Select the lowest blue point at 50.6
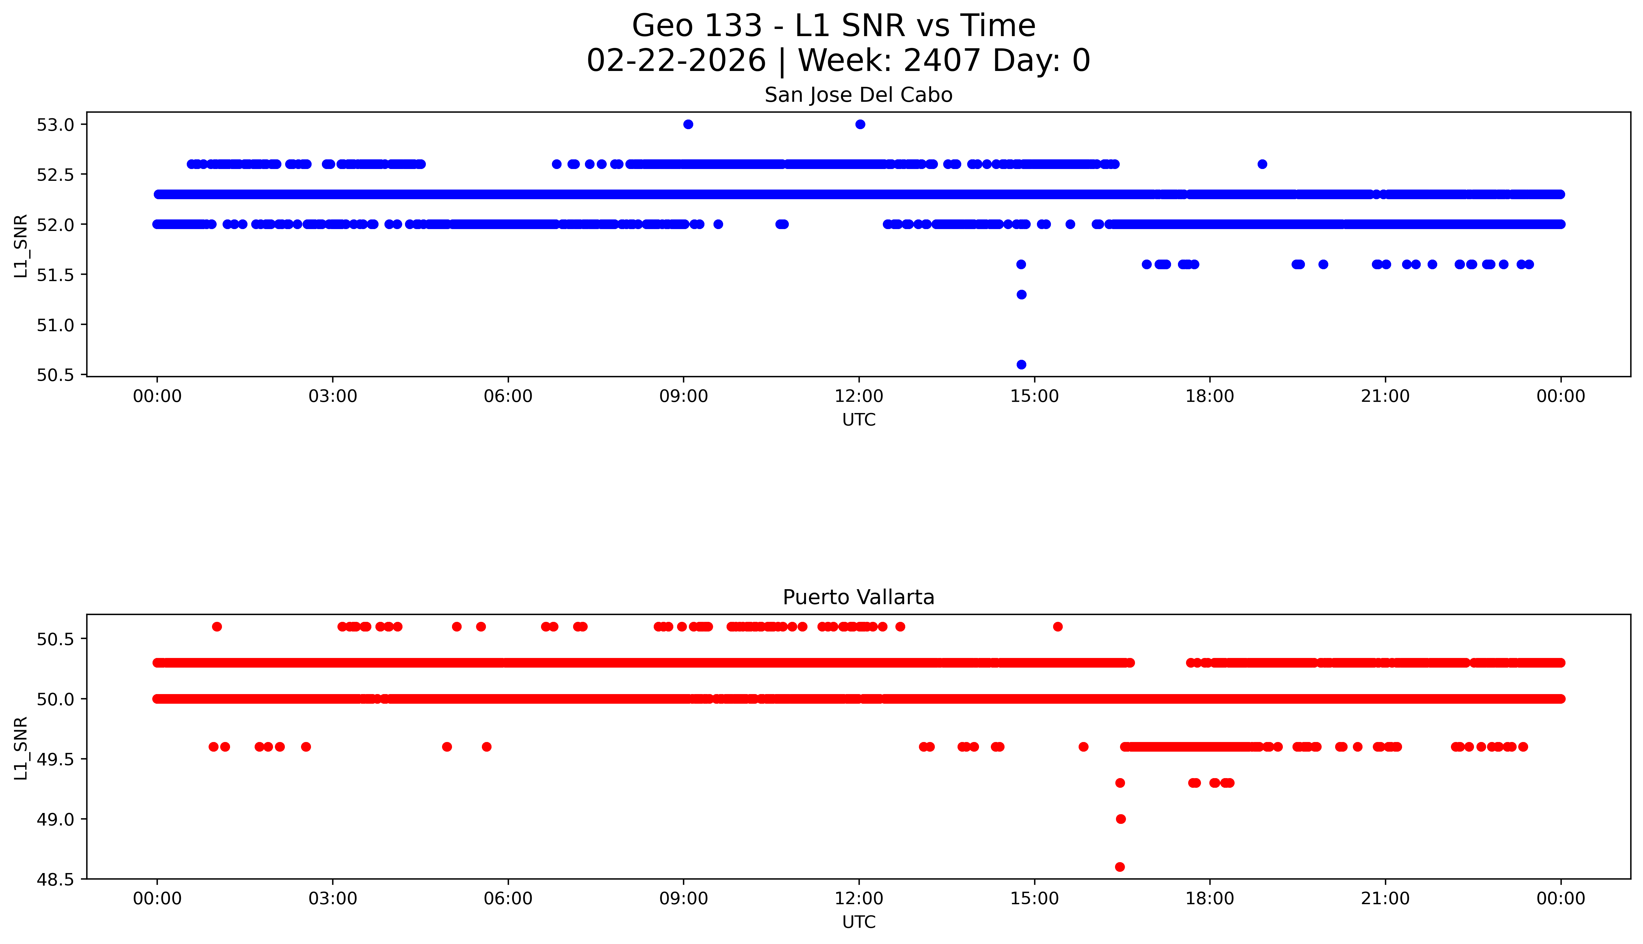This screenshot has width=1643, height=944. point(1021,364)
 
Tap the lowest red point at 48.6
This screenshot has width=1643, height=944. point(1120,867)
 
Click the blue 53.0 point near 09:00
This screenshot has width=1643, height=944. point(689,124)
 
